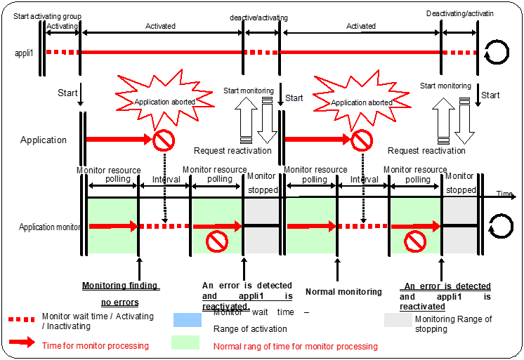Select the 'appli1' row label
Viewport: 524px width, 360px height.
coord(26,53)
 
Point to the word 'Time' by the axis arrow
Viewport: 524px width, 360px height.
coord(504,193)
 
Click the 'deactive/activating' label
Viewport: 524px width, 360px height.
coord(258,18)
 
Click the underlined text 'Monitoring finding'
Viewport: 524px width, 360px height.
coord(121,286)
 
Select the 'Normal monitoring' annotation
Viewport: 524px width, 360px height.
coord(343,291)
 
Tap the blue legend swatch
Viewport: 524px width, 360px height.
coord(188,320)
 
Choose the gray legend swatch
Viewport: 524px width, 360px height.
coord(397,320)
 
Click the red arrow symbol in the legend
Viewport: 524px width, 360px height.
coord(23,342)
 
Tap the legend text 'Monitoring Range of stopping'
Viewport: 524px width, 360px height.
coord(453,324)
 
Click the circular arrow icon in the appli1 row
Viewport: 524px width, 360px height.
coord(497,52)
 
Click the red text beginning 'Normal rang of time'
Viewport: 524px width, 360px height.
coord(295,346)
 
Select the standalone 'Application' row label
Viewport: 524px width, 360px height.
coord(44,140)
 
